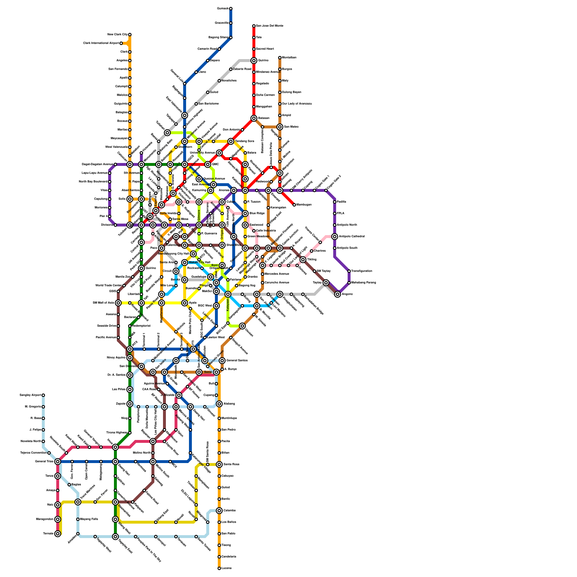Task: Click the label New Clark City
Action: (x=117, y=35)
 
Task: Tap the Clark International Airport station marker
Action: (x=121, y=43)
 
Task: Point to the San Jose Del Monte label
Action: (x=270, y=26)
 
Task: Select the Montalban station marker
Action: (x=280, y=58)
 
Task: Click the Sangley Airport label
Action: (x=30, y=395)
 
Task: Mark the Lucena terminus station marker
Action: (x=219, y=568)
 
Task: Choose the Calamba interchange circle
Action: (x=219, y=511)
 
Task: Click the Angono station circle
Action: (x=338, y=294)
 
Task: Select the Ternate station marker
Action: (x=58, y=534)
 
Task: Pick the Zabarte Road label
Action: (x=242, y=69)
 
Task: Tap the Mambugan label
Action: (x=304, y=205)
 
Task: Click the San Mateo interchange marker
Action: (x=280, y=127)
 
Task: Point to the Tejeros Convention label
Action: (x=33, y=453)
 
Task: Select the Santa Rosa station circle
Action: (x=219, y=464)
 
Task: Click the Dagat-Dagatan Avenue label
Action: (x=97, y=164)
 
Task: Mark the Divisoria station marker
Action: (x=115, y=225)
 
